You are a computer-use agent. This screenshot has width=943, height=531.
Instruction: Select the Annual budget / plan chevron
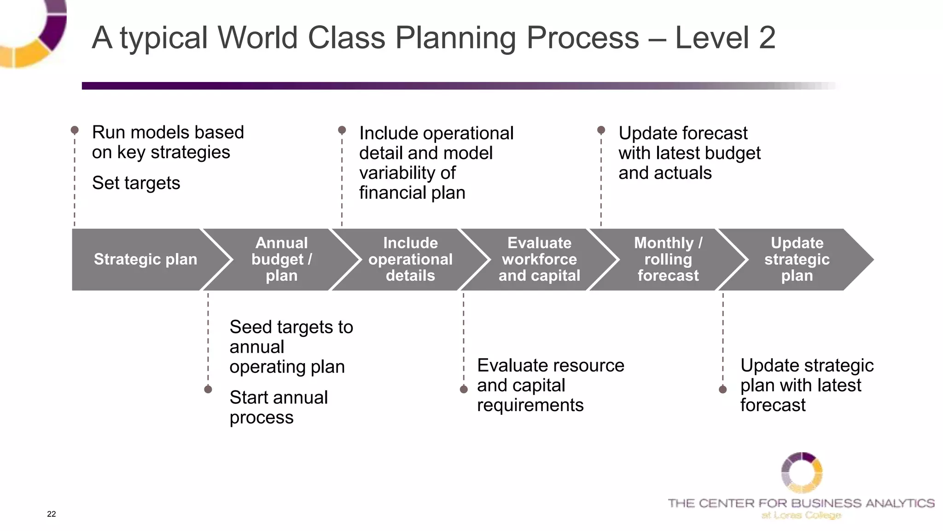[x=281, y=260]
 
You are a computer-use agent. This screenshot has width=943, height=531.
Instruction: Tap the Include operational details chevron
[x=410, y=260]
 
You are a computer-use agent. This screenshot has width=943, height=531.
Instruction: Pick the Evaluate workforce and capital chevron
[x=539, y=260]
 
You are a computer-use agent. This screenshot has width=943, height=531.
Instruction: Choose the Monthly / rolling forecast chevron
[x=668, y=260]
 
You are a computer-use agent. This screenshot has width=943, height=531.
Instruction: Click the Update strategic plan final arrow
[x=797, y=260]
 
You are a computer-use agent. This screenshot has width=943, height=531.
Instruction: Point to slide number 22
[x=52, y=514]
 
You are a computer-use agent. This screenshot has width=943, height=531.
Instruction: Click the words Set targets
[x=136, y=183]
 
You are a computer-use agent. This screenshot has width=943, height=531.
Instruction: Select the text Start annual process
[x=278, y=407]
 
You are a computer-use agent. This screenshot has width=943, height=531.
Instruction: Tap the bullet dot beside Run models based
[x=75, y=130]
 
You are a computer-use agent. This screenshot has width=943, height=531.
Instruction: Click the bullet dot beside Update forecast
[x=601, y=130]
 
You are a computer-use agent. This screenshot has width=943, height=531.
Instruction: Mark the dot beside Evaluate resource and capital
[x=464, y=389]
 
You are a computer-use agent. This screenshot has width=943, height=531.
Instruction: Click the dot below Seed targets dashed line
[x=208, y=389]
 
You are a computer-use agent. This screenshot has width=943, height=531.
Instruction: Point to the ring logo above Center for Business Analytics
[x=802, y=472]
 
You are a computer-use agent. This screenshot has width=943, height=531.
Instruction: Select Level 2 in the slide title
[x=725, y=38]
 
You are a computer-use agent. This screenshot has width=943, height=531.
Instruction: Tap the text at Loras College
[x=801, y=515]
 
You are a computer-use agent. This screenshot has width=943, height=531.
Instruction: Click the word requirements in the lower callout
[x=530, y=405]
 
